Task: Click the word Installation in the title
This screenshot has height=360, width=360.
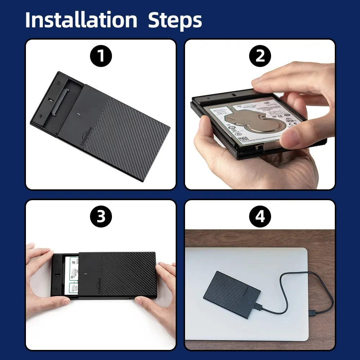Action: tap(81, 20)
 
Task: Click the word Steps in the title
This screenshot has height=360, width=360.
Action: tap(175, 21)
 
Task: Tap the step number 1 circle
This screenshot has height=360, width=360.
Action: tap(101, 56)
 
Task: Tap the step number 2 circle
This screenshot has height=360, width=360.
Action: tap(260, 56)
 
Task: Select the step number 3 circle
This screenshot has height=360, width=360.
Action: tap(101, 217)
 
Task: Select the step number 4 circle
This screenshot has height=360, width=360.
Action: tap(260, 217)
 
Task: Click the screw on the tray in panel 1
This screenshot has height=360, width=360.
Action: tap(41, 116)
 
